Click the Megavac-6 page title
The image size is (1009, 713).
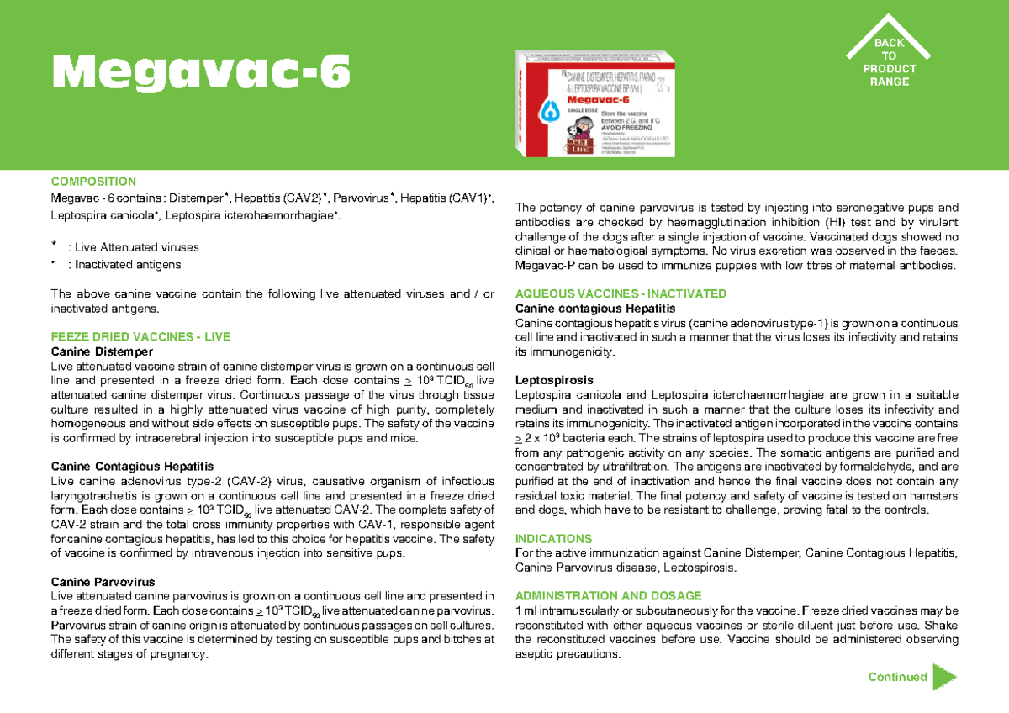tap(200, 73)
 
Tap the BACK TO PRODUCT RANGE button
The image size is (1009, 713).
tap(889, 62)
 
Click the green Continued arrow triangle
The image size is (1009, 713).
tap(944, 677)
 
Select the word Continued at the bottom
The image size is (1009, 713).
tap(897, 677)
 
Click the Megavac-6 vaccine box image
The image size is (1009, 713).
tap(594, 104)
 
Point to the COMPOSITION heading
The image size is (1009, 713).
tap(93, 182)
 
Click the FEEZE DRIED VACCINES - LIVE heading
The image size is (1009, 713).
tap(140, 336)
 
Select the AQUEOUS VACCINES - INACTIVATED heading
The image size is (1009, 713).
tap(621, 293)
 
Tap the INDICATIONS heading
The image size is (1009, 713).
tap(553, 538)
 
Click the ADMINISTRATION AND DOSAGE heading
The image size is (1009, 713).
tap(608, 595)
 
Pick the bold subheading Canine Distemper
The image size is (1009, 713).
tap(102, 351)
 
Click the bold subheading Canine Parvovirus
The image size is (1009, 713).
tap(103, 582)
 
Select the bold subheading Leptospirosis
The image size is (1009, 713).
tap(554, 380)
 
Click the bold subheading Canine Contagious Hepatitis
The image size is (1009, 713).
tap(132, 466)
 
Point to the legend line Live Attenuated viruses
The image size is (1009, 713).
tap(137, 248)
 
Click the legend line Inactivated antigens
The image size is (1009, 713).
tap(128, 265)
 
